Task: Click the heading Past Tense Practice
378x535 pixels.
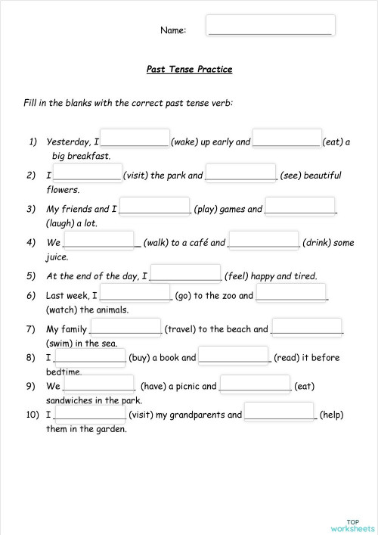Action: coord(189,70)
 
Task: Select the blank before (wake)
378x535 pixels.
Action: coord(135,138)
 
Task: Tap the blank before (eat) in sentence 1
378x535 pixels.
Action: coord(287,138)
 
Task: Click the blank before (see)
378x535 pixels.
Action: coord(240,173)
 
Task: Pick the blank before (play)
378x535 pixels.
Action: coord(155,206)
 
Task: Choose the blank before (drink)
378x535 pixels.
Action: coord(263,240)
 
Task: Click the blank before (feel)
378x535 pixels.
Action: coord(186,273)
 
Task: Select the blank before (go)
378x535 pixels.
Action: coord(135,292)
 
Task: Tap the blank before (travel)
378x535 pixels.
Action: coord(125,326)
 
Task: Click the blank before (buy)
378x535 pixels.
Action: coord(90,355)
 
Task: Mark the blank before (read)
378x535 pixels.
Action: coord(234,355)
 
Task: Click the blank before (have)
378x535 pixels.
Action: coord(100,383)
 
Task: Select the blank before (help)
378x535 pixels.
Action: coord(280,412)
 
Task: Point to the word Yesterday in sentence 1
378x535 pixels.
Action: coord(69,142)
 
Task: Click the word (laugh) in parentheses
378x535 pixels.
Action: coord(61,223)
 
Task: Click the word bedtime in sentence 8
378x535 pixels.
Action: coord(64,372)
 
